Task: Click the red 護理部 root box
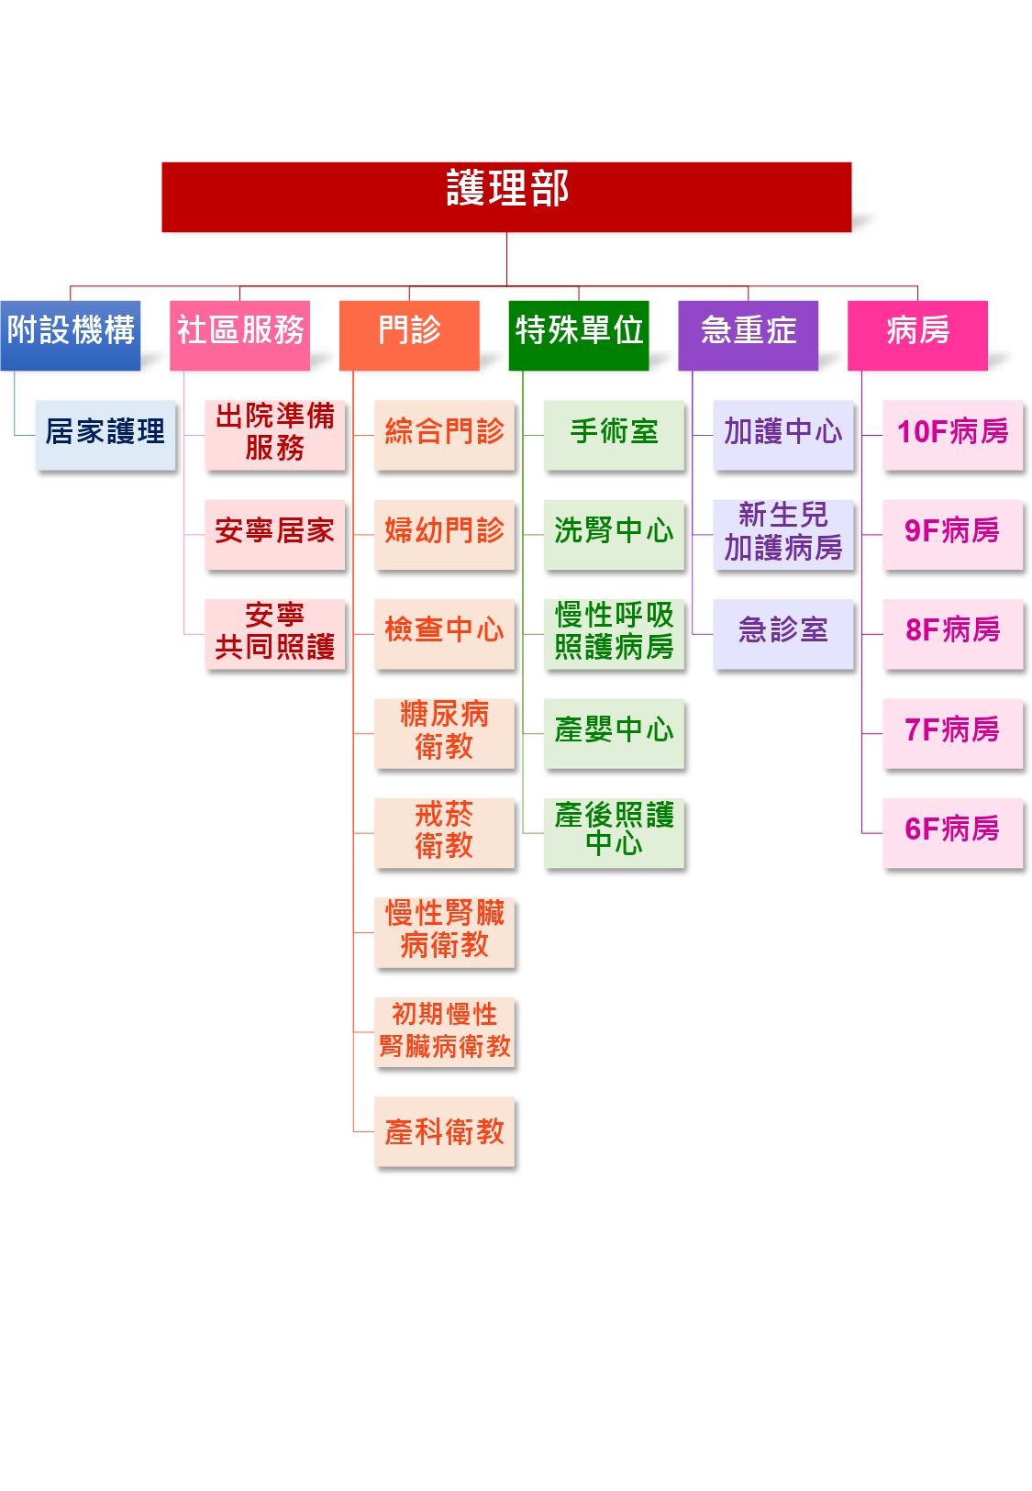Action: [x=506, y=196]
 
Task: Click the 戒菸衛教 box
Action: [x=444, y=832]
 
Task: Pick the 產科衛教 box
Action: [x=444, y=1131]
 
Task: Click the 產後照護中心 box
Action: [x=614, y=832]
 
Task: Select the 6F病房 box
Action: [x=952, y=832]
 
